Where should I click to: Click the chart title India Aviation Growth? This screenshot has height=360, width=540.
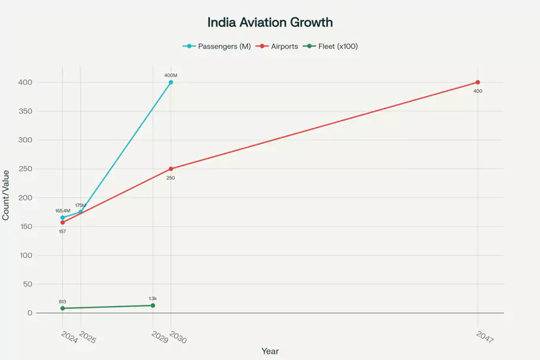[270, 23]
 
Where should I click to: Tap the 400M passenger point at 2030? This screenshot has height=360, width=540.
[171, 82]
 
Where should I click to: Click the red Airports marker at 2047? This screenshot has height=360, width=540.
[478, 82]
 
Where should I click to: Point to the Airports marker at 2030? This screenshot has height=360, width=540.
[171, 169]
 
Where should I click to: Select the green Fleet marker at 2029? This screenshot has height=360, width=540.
[153, 305]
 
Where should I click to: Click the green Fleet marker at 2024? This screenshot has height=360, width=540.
[62, 308]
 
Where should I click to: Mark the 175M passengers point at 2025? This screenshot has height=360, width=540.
[81, 212]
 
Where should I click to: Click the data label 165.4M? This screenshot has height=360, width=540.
[63, 211]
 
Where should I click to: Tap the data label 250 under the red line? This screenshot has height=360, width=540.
[171, 178]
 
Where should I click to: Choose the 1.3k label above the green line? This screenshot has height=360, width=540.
[153, 298]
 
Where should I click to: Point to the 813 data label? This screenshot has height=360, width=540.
[62, 301]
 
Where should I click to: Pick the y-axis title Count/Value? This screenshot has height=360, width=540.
[6, 195]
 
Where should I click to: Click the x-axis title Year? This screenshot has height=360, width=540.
[270, 351]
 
